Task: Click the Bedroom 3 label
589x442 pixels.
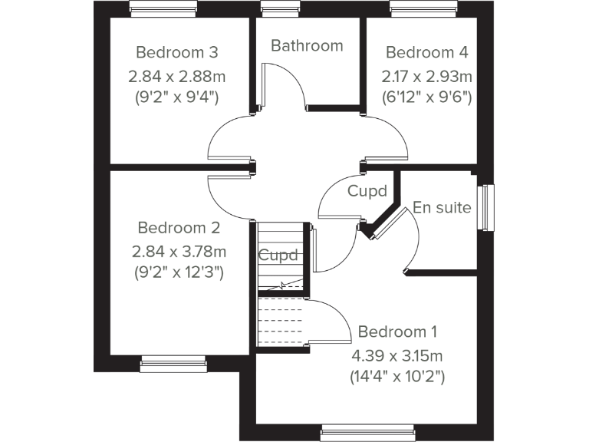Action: (x=177, y=52)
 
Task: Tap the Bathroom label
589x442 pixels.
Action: (x=307, y=45)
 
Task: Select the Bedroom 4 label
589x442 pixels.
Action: (x=426, y=52)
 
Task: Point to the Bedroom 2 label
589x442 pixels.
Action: (x=179, y=228)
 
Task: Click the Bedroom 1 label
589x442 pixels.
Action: (x=397, y=332)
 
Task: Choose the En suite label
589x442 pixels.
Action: (x=442, y=207)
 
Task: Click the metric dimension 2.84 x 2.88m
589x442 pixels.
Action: (x=177, y=77)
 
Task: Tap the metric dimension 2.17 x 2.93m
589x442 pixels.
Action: (x=426, y=77)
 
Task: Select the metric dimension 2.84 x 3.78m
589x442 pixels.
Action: (x=179, y=252)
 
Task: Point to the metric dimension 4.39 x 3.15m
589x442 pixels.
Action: (x=397, y=355)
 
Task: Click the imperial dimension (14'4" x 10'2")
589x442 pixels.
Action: (x=397, y=377)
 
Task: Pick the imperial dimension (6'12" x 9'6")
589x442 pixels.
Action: (x=426, y=97)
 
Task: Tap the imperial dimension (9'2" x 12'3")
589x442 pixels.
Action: (x=179, y=272)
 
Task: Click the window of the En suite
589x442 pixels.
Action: (x=486, y=206)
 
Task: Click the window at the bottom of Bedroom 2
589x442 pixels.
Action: (x=173, y=363)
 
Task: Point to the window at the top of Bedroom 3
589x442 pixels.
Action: (x=163, y=8)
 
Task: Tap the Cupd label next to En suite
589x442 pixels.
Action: (x=367, y=190)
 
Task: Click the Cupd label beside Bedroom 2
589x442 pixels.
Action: (x=277, y=256)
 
